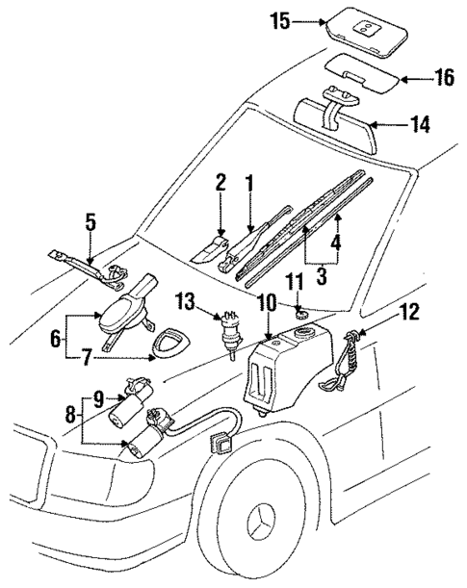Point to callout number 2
221,182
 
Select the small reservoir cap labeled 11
300,314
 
